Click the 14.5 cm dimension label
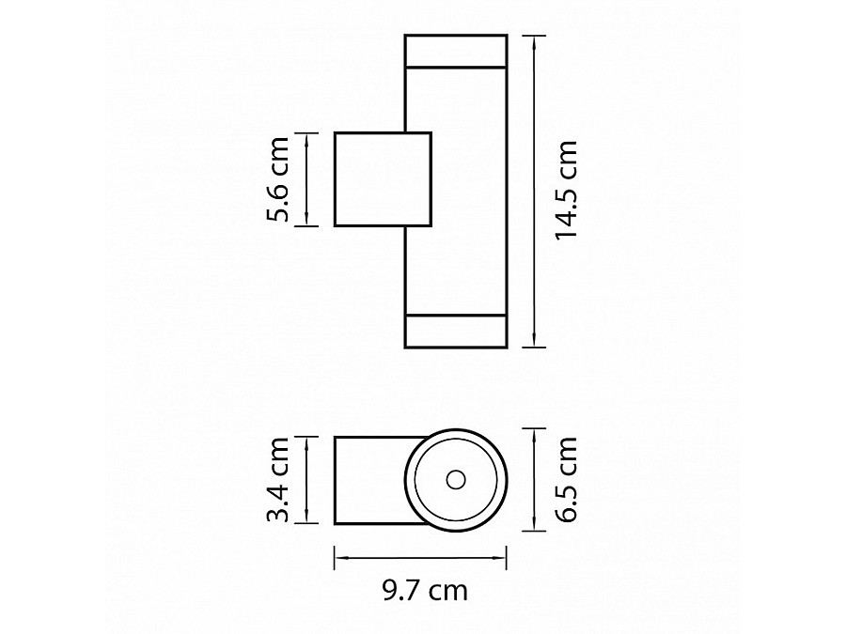(x=567, y=189)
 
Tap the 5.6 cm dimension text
(x=278, y=179)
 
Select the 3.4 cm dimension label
(x=278, y=480)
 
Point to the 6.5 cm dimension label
(x=567, y=480)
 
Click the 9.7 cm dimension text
(x=425, y=591)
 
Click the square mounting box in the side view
(x=384, y=179)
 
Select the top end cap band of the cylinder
(x=456, y=52)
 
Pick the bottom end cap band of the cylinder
(x=456, y=331)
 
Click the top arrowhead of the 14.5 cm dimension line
(x=534, y=39)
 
